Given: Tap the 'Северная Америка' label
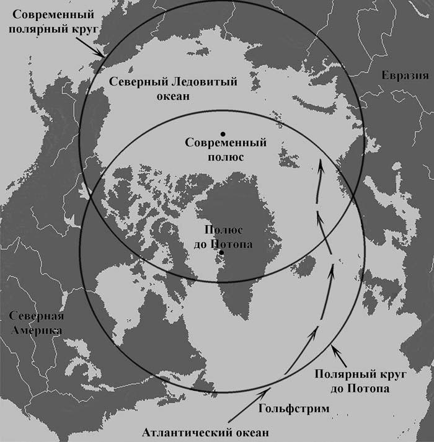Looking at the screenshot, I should point(34,322).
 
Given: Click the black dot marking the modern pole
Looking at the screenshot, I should point(223,133).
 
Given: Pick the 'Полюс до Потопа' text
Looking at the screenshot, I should point(221,237).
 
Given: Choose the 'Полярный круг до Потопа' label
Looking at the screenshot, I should point(352,381).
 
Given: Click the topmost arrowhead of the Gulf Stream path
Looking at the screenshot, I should point(320,164).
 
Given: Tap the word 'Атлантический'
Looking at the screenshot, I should point(179,432).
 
